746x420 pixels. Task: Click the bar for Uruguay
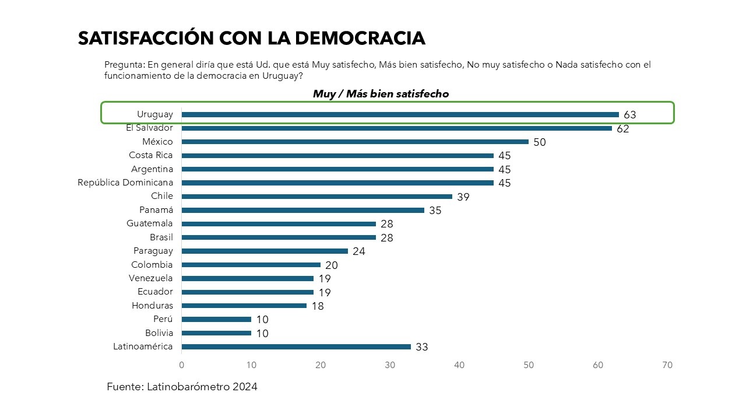400,114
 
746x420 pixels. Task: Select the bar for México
355,142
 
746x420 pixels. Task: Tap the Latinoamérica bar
296,346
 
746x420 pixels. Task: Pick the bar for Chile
317,197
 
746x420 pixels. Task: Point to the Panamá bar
303,210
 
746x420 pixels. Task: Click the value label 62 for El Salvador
623,129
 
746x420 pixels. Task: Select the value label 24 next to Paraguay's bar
359,252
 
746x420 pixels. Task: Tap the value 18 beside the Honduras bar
318,306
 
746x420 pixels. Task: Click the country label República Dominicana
125,183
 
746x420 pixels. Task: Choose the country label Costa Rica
151,155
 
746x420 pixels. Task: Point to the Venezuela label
151,278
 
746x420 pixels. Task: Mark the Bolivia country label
159,333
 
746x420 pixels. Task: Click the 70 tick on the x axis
667,365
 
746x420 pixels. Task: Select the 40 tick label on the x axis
459,365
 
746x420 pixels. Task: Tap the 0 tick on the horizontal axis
182,365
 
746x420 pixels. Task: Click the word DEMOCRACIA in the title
360,38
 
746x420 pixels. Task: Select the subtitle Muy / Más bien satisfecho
381,94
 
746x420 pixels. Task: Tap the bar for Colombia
251,265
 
